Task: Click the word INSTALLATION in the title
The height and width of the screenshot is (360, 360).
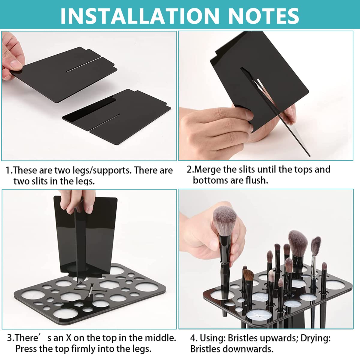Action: (x=139, y=16)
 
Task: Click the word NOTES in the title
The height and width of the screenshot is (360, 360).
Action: (x=264, y=16)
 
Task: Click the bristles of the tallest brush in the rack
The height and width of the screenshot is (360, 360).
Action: (x=298, y=243)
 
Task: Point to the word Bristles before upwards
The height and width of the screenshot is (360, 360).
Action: (x=242, y=338)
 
